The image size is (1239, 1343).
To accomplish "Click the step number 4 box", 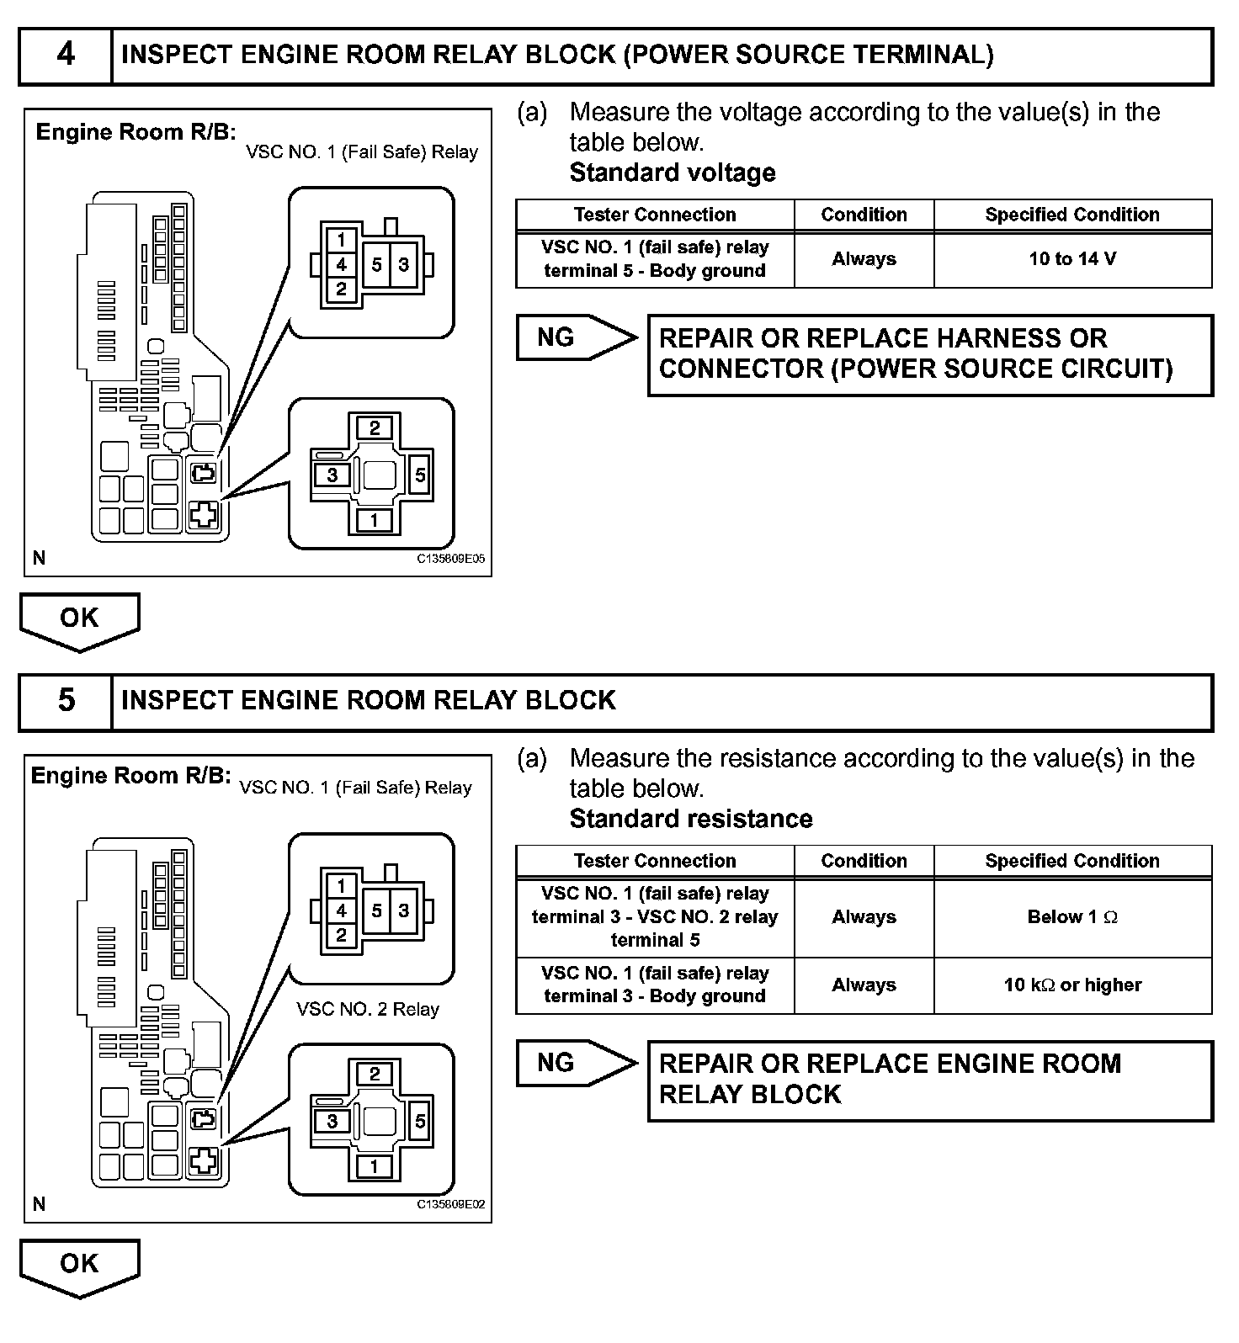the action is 66,56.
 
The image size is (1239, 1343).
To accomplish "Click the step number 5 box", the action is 66,702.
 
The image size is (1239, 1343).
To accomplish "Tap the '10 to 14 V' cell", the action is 1072,259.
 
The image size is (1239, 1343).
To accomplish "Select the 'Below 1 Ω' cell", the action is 1072,917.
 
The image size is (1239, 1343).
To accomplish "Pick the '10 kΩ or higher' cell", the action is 1072,985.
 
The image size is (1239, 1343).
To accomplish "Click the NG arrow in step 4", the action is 577,338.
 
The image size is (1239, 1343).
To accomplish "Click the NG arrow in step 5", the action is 577,1064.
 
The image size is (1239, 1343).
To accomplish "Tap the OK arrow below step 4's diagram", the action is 80,622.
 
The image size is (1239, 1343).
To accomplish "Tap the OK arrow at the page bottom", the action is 80,1268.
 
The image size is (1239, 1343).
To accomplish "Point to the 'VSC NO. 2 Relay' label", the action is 368,1009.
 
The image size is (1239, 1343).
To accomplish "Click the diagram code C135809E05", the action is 451,558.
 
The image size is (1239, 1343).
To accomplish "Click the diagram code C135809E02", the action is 451,1204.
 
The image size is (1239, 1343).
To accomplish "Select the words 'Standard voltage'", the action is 673,173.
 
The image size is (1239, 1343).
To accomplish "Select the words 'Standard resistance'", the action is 691,819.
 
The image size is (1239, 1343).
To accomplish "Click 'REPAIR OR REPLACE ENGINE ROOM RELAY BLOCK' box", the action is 930,1080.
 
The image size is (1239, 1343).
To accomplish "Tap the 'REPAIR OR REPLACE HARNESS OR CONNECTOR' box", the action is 930,354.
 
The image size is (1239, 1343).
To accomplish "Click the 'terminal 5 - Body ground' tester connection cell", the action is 655,259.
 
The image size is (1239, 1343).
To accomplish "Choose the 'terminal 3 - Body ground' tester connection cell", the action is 655,985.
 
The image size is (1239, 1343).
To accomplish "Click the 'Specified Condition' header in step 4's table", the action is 1072,215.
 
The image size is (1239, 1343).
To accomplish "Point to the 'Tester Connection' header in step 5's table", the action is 655,861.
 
